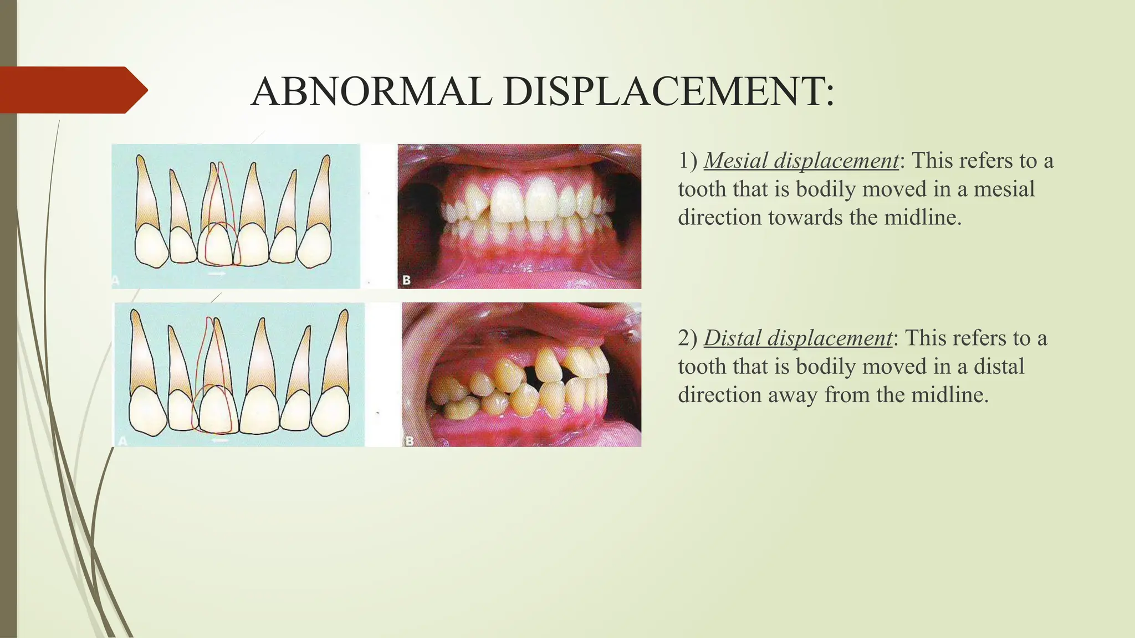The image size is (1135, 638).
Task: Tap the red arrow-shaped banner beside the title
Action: pyautogui.click(x=72, y=90)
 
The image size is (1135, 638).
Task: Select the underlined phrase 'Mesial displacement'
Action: pyautogui.click(x=801, y=161)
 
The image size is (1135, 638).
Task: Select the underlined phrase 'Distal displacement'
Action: pyautogui.click(x=798, y=338)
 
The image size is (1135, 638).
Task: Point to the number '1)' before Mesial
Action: pyautogui.click(x=688, y=161)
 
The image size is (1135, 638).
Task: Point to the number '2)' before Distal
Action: pyautogui.click(x=688, y=338)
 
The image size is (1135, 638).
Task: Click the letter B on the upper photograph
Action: pyautogui.click(x=407, y=280)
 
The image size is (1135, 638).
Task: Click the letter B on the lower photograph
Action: pyautogui.click(x=410, y=441)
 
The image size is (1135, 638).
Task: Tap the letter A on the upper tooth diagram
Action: pyautogui.click(x=116, y=281)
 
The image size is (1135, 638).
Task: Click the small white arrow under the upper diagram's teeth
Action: pyautogui.click(x=217, y=274)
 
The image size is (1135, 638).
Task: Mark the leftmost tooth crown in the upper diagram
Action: pyautogui.click(x=151, y=245)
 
